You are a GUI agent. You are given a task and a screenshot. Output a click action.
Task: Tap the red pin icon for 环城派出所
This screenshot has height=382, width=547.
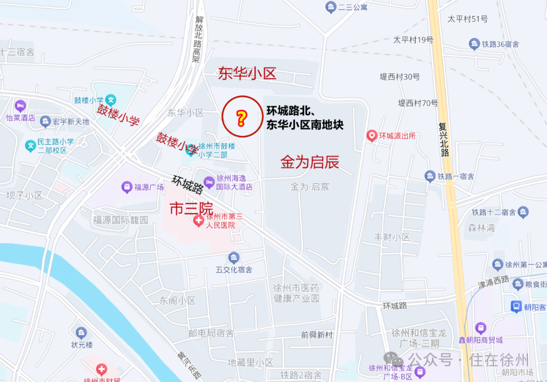click(372, 136)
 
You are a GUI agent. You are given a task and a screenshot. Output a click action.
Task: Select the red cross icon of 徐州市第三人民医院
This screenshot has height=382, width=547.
click(200, 220)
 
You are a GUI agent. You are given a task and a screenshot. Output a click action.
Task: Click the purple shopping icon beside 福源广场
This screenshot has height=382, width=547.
click(127, 187)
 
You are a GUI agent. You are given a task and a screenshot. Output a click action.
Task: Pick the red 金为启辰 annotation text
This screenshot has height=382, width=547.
click(310, 162)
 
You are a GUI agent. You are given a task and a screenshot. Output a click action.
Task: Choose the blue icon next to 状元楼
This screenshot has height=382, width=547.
click(82, 333)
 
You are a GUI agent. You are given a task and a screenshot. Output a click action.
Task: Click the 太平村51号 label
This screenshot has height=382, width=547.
click(467, 19)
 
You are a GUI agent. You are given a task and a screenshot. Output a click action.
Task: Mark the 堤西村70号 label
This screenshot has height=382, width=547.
click(418, 103)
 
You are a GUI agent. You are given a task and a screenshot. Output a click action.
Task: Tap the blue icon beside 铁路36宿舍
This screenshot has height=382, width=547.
click(475, 44)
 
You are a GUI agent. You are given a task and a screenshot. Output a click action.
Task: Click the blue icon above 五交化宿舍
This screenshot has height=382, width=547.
click(233, 258)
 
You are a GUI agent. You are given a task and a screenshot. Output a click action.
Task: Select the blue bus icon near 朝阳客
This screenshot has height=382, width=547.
click(516, 307)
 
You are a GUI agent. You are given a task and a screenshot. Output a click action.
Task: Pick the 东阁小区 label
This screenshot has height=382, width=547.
click(177, 300)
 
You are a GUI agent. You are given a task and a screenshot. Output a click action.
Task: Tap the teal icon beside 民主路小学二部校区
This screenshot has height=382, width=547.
click(31, 146)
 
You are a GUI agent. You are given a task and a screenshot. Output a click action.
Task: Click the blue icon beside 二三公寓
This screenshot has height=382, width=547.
click(331, 7)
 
